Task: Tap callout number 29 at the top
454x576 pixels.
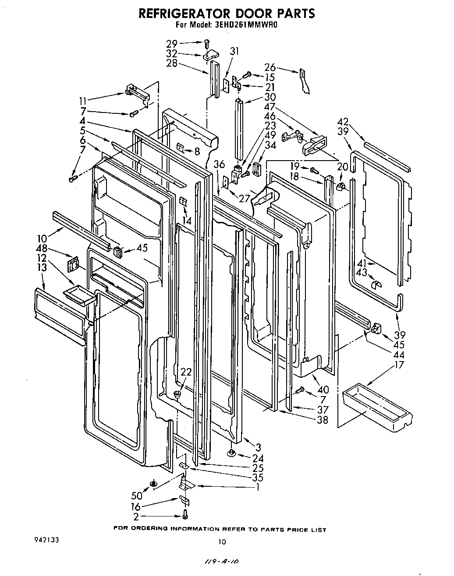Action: pyautogui.click(x=172, y=43)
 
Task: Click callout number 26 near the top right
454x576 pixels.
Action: pyautogui.click(x=270, y=67)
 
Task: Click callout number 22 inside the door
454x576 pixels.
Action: pyautogui.click(x=186, y=372)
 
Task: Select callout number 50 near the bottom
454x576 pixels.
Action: pyautogui.click(x=137, y=496)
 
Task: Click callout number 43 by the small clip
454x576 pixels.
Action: pyautogui.click(x=362, y=272)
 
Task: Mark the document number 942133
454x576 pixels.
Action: pyautogui.click(x=45, y=540)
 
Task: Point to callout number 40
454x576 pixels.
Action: pyautogui.click(x=323, y=390)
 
